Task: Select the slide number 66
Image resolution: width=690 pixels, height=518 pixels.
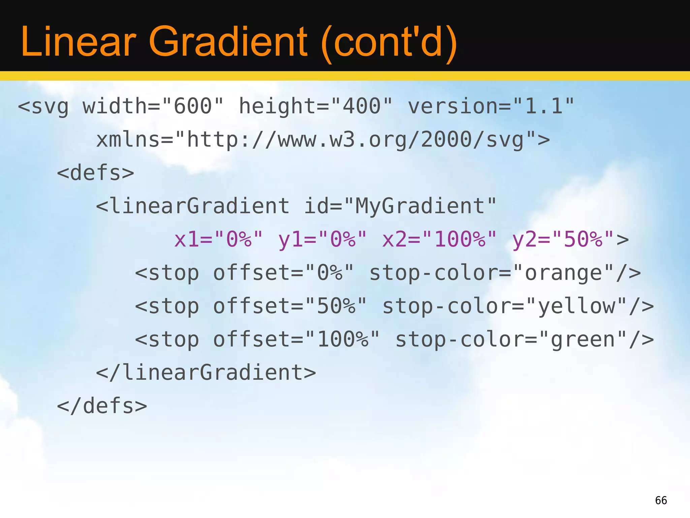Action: coord(661,500)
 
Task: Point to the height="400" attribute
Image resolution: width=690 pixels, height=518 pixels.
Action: coord(316,106)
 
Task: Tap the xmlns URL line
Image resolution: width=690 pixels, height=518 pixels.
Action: coord(323,140)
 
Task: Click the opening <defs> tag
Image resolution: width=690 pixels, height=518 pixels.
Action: coord(96,173)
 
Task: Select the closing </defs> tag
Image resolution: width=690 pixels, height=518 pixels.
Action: coord(102,406)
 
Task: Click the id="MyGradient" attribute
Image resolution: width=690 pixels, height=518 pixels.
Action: coord(400,206)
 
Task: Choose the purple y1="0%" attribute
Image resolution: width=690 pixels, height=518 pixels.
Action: coord(322,239)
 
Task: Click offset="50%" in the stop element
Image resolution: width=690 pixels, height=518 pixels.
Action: coord(290,306)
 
